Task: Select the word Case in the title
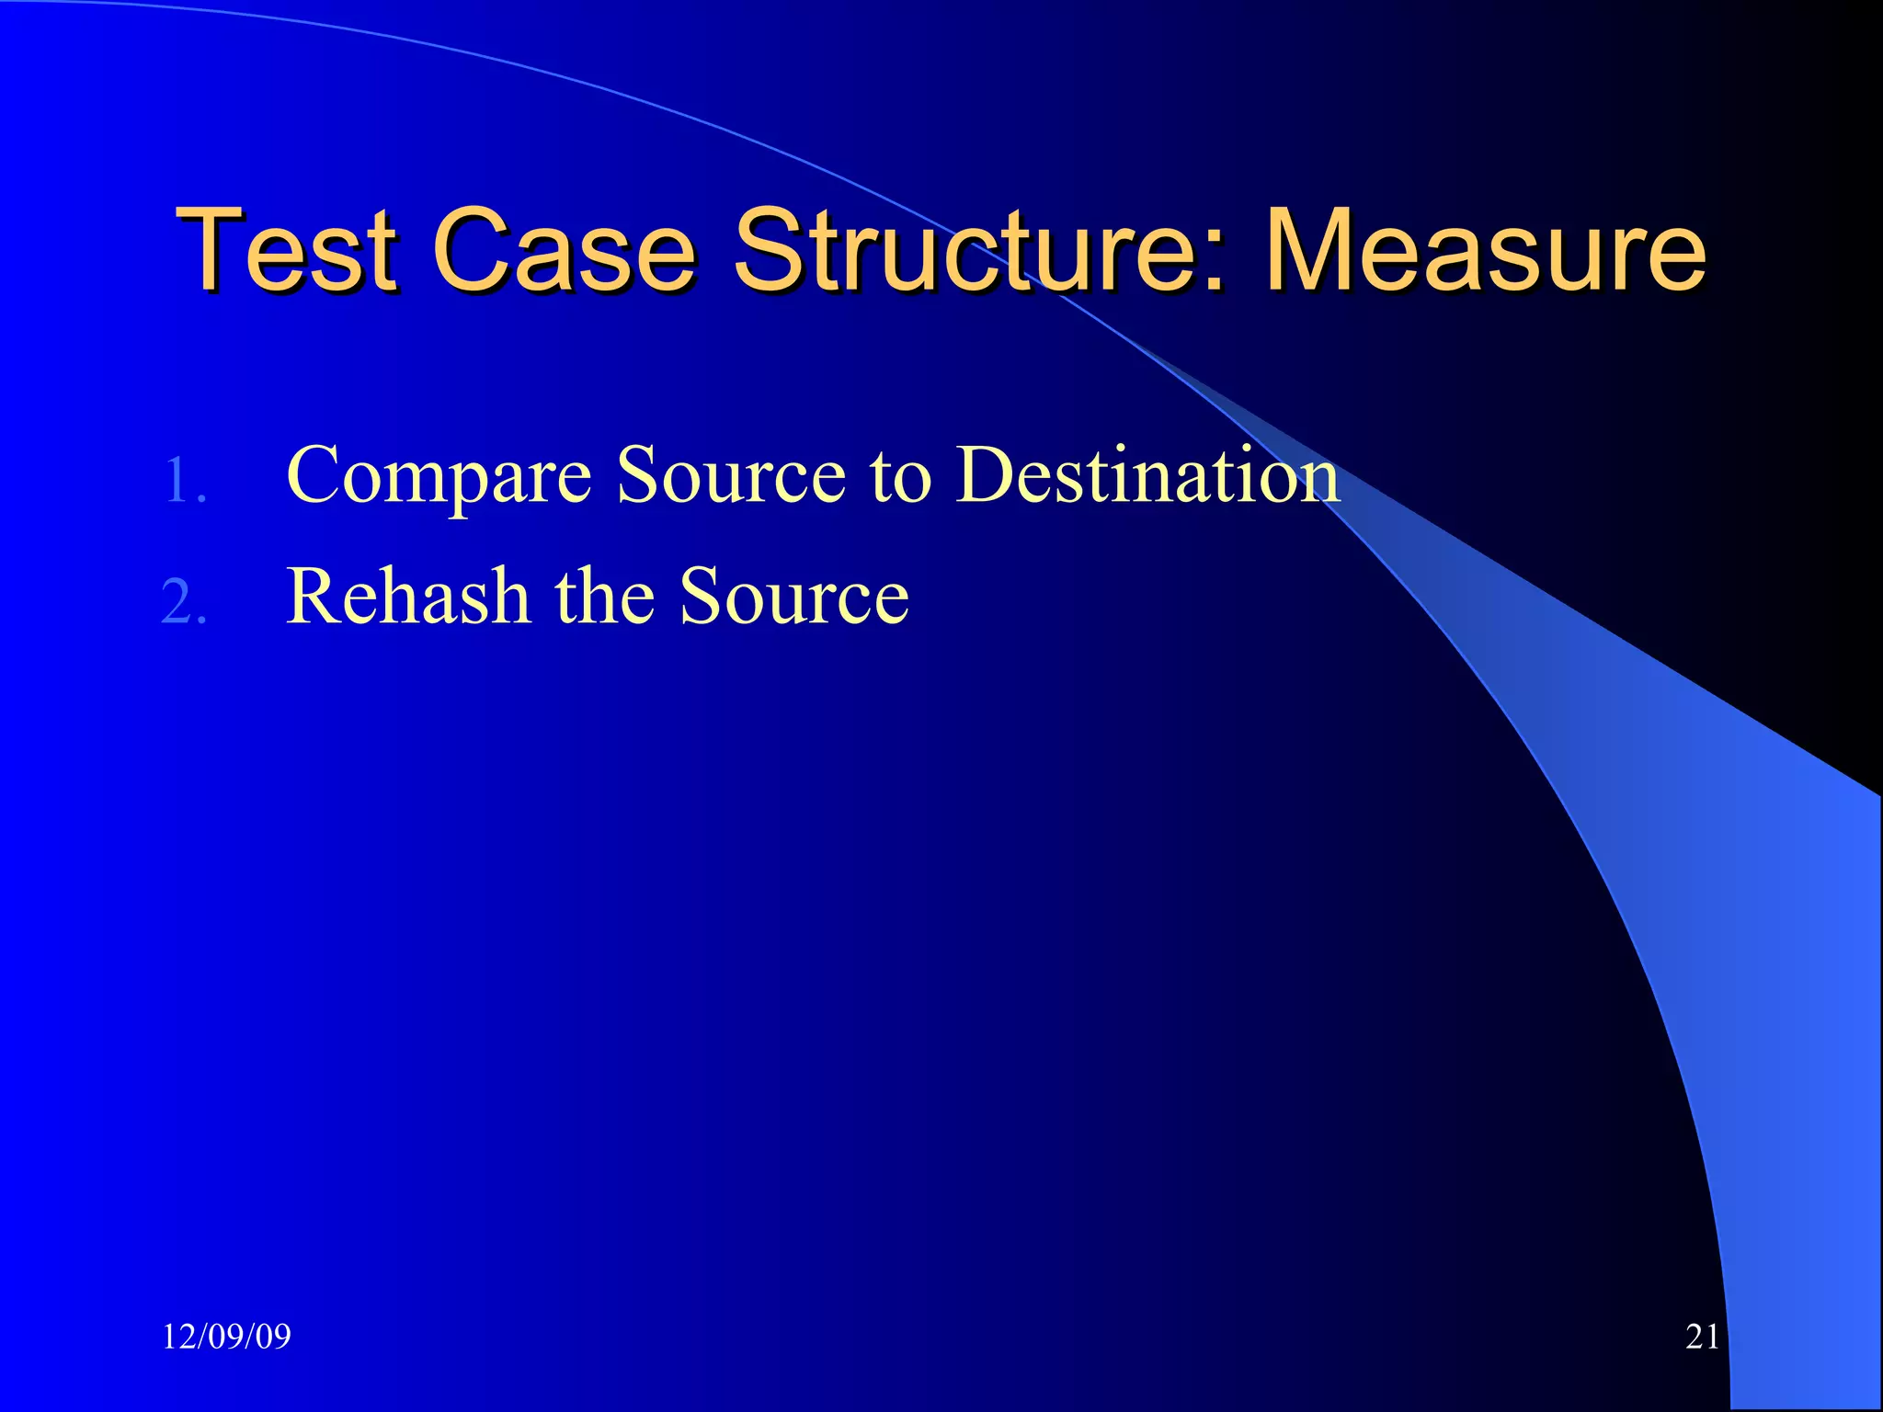(564, 249)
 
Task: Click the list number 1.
(184, 481)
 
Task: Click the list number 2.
(184, 603)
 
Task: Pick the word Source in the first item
(731, 476)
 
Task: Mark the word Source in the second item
(794, 598)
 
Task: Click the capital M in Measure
(1316, 249)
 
